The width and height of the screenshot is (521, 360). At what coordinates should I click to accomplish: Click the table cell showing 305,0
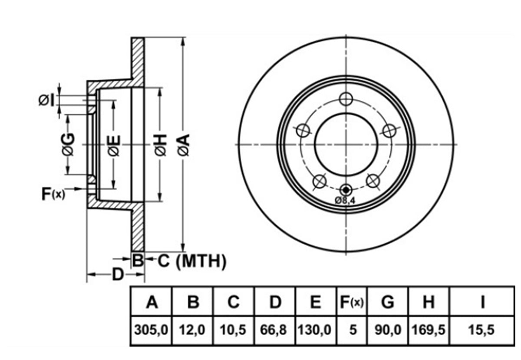pos(151,330)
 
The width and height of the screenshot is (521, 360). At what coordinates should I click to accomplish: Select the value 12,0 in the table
pos(192,330)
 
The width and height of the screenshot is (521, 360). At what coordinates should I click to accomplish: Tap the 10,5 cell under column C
pos(233,330)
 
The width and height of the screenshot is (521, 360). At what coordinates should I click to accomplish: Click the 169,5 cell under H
pos(429,330)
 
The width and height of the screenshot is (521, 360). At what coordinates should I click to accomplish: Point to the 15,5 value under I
pos(481,330)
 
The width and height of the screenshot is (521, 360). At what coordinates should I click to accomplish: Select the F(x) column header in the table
pos(352,302)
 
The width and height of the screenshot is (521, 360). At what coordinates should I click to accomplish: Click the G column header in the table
pos(388,302)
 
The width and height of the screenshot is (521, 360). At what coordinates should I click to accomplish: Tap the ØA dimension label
pos(184,145)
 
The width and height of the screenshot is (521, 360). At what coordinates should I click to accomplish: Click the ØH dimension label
pos(160,145)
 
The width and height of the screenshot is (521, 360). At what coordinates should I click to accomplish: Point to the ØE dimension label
pos(114,145)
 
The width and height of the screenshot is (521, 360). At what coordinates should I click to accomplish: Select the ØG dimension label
pos(69,144)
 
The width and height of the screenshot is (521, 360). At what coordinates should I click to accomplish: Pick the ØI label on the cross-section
pos(46,100)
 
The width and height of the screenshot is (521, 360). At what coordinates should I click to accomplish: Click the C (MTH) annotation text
pos(192,261)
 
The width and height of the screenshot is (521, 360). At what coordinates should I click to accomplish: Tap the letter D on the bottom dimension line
pos(118,274)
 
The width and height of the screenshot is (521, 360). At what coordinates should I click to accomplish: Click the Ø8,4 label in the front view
pos(345,201)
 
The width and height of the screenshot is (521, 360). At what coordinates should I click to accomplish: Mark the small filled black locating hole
pos(346,190)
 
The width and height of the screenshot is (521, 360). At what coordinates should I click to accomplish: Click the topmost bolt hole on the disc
pos(346,99)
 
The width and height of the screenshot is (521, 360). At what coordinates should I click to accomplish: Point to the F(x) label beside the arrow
pos(53,194)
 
